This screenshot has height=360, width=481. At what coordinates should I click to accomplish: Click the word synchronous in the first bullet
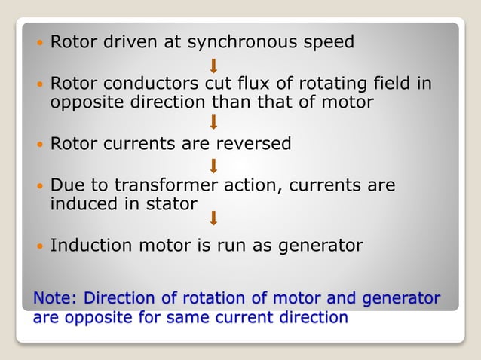point(248,42)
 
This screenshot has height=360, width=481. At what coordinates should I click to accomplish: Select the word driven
point(123,42)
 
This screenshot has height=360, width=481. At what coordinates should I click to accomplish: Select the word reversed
point(253,144)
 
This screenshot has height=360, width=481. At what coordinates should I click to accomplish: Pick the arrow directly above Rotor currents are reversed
point(214,123)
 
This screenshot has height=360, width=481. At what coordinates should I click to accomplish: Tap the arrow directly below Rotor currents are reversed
point(214,165)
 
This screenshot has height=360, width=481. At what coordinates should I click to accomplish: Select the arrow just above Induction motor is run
point(214,218)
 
